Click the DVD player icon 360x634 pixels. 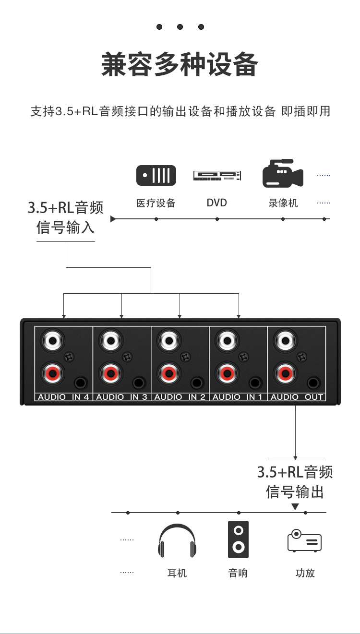[217, 176]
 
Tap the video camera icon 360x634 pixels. [283, 174]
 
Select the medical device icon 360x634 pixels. [156, 176]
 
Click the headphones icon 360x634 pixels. [177, 541]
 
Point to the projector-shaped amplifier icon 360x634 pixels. [304, 541]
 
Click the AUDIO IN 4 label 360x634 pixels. [63, 397]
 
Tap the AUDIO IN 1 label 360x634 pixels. [238, 397]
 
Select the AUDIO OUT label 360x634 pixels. [297, 397]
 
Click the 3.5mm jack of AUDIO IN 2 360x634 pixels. [197, 383]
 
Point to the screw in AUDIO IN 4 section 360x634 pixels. [69, 357]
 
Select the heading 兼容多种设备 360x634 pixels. [180, 65]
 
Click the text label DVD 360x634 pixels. [216, 203]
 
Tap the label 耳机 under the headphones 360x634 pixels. [177, 573]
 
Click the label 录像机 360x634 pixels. [283, 203]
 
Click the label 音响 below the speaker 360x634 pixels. [238, 573]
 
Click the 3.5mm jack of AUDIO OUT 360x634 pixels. [314, 383]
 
